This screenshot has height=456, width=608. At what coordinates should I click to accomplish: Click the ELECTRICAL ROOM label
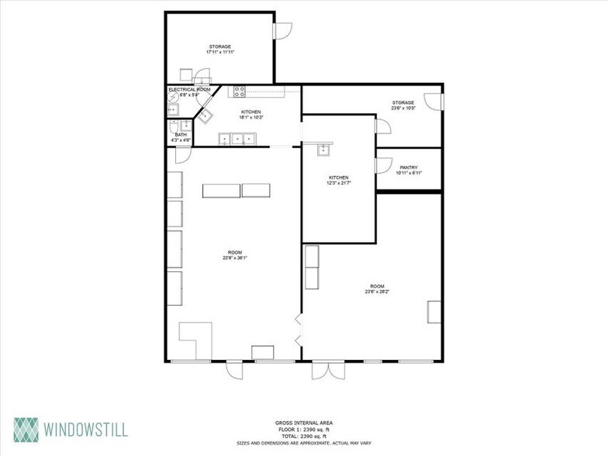click(x=189, y=90)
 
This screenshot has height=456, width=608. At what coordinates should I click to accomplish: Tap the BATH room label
click(x=181, y=135)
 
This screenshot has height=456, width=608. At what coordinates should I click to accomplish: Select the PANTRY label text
click(x=409, y=167)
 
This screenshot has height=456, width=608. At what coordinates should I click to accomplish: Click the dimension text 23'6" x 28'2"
click(x=375, y=292)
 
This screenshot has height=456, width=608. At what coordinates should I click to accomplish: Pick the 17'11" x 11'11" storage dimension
click(x=220, y=52)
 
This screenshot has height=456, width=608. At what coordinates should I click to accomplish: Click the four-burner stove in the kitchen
click(x=240, y=90)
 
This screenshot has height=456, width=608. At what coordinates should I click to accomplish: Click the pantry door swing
click(x=382, y=165)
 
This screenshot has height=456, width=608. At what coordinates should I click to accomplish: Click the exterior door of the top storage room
click(x=283, y=29)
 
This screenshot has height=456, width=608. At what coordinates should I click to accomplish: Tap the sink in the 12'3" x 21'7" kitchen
click(x=320, y=150)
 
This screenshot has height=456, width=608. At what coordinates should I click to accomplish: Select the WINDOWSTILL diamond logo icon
click(x=25, y=429)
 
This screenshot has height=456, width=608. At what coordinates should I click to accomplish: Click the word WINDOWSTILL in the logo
click(x=85, y=429)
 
